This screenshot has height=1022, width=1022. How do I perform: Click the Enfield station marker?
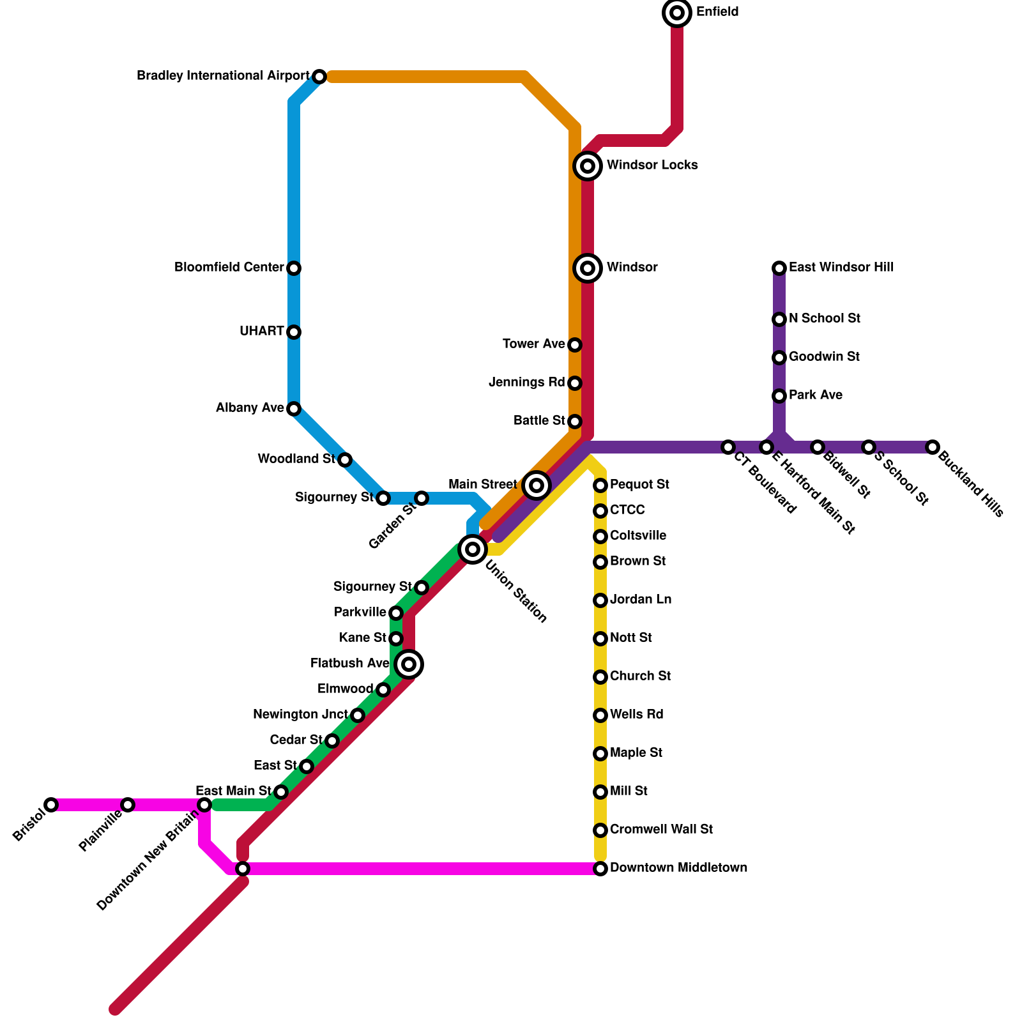[x=677, y=13]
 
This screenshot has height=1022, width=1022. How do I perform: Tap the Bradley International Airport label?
[x=223, y=76]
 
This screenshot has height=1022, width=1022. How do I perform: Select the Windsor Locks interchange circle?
[x=588, y=166]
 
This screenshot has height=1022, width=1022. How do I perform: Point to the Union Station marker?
[x=473, y=549]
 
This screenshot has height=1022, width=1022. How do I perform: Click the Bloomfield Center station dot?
[x=294, y=268]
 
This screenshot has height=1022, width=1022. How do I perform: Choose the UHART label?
[x=261, y=332]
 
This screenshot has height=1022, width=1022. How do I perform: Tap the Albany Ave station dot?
[x=294, y=409]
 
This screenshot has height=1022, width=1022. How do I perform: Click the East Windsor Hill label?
[x=841, y=268]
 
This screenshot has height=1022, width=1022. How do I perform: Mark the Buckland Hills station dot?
[x=933, y=447]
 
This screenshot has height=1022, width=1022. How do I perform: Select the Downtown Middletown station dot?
[x=600, y=869]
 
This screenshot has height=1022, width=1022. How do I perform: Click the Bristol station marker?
[x=51, y=805]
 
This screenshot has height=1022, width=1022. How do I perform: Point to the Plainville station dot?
[x=128, y=805]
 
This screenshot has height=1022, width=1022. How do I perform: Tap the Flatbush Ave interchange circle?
[x=409, y=664]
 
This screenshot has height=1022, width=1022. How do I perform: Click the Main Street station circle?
[x=537, y=485]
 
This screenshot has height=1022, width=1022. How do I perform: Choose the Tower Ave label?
[x=533, y=344]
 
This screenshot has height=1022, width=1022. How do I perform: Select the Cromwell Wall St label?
[x=661, y=830]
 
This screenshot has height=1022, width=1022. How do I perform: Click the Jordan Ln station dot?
[x=600, y=600]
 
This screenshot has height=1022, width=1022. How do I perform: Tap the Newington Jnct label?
[x=300, y=715]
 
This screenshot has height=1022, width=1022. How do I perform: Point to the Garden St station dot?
[x=422, y=498]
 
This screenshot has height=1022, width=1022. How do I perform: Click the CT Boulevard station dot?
[x=728, y=447]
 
